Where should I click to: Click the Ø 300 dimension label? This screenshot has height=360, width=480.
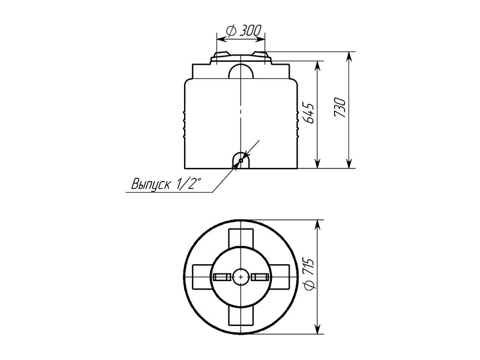(243, 31)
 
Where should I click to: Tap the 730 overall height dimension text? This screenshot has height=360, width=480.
(340, 108)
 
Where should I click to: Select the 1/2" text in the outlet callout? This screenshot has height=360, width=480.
(189, 184)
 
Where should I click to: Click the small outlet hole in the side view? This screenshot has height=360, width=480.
(241, 160)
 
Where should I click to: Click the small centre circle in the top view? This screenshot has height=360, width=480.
(241, 277)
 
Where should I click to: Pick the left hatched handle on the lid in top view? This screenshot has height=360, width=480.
(222, 277)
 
